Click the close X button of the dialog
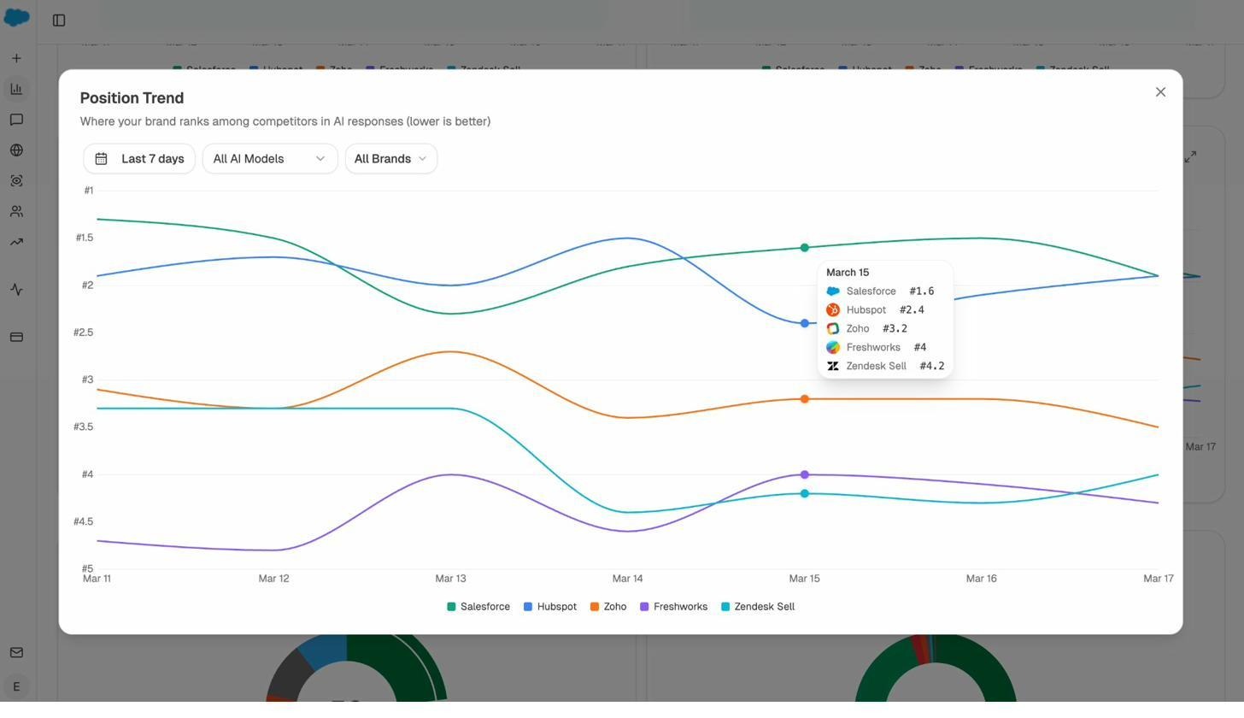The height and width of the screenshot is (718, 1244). tap(1160, 92)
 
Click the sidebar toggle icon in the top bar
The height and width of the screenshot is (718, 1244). tap(59, 21)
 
